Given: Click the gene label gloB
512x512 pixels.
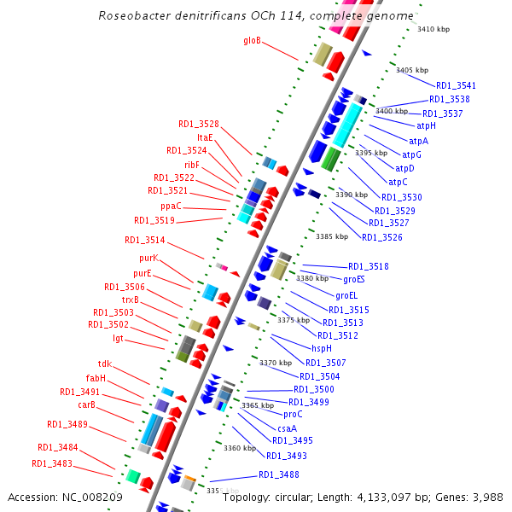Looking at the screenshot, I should pyautogui.click(x=252, y=40).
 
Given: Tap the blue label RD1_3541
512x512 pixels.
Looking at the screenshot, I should pyautogui.click(x=456, y=85).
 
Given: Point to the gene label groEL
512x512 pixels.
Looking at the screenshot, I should pyautogui.click(x=346, y=295).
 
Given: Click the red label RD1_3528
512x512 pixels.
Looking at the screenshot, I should pyautogui.click(x=198, y=124).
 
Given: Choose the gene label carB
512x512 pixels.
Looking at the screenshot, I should pyautogui.click(x=86, y=404).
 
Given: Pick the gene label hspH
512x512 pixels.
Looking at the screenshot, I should pyautogui.click(x=321, y=348).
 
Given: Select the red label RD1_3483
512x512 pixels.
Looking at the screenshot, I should pyautogui.click(x=52, y=463).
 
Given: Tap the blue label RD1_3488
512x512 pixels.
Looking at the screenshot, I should pyautogui.click(x=278, y=475).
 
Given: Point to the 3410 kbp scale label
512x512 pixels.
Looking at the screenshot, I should pyautogui.click(x=433, y=29).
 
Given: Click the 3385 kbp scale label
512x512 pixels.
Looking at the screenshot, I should pyautogui.click(x=331, y=236).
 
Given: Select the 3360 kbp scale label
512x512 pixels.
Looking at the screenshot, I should pyautogui.click(x=239, y=448).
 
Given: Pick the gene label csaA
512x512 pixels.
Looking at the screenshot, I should pyautogui.click(x=287, y=428).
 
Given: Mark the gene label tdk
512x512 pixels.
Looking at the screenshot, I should pyautogui.click(x=104, y=364).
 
